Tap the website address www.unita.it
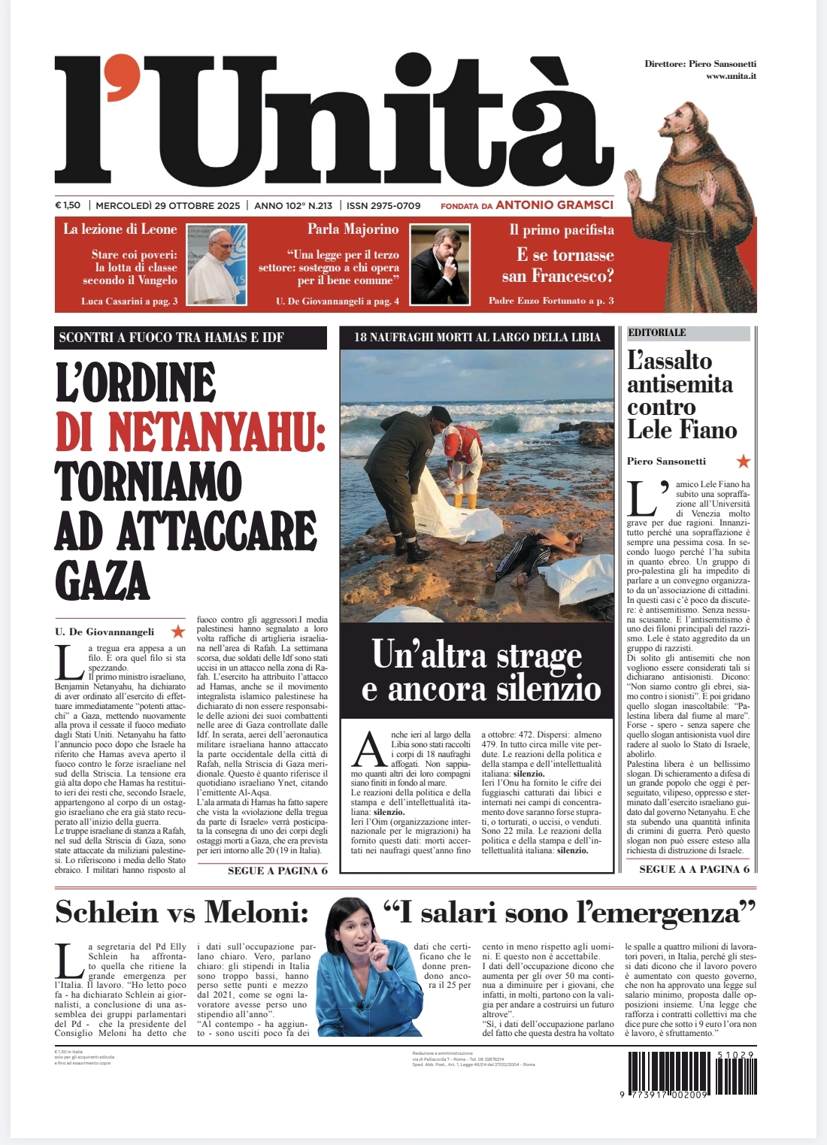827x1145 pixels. point(730,77)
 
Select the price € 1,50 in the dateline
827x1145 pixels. point(68,205)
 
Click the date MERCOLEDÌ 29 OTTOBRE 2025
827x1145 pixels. point(168,205)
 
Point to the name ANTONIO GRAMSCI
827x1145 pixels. point(554,204)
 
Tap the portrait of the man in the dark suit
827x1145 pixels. point(438,267)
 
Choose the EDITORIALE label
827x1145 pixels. point(657,332)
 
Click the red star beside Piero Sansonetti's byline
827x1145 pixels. point(743,461)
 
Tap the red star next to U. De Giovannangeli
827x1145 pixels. point(178,632)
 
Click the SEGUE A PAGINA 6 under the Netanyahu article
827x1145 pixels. point(277,871)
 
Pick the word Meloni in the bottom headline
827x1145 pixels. point(256,913)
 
